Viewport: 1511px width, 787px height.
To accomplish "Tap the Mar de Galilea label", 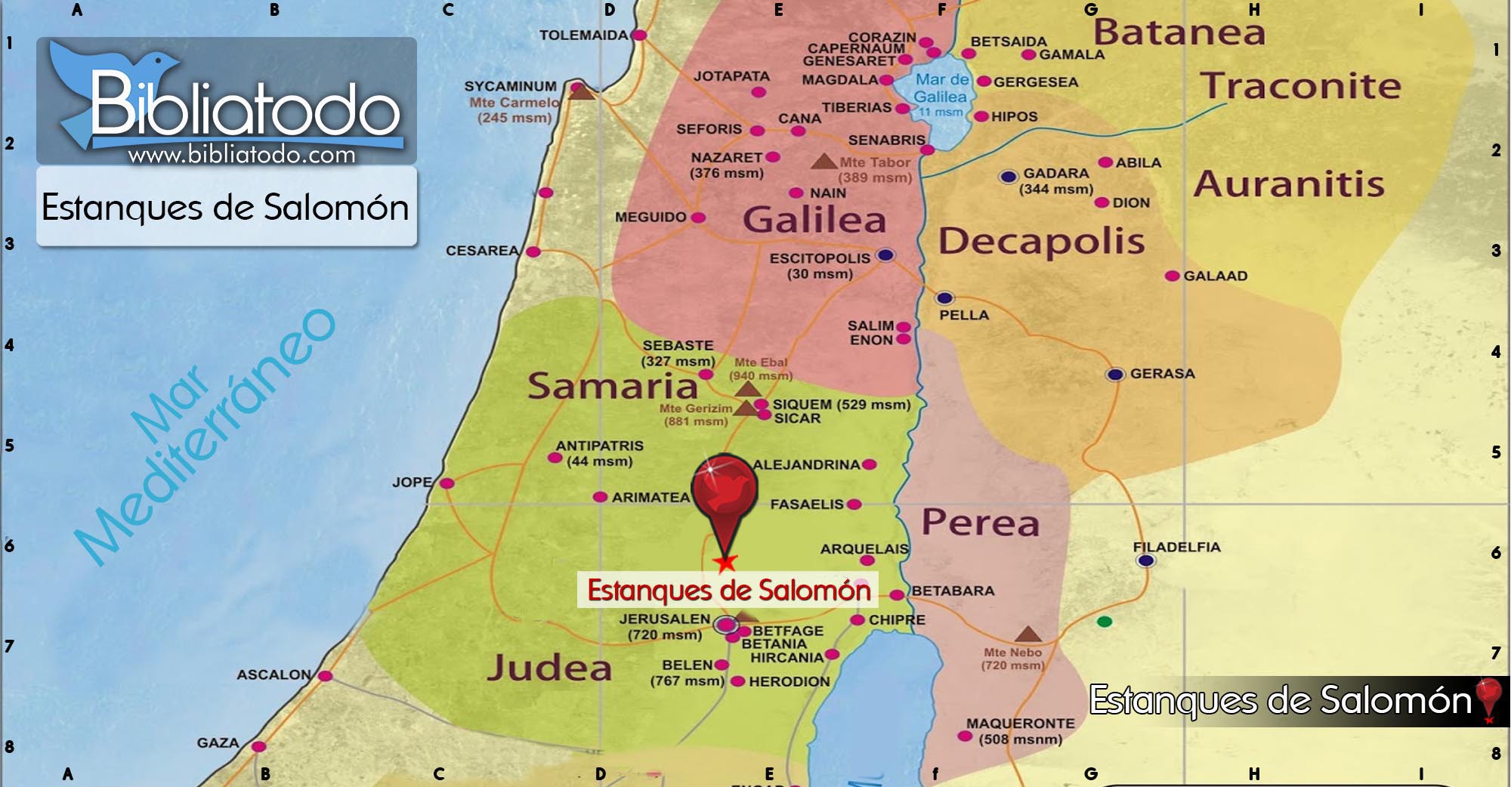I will pos(941,88).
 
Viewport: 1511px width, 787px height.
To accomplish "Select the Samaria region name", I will pos(612,386).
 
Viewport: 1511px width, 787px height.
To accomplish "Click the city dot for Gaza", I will pos(258,746).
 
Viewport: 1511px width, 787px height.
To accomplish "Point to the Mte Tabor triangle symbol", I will pos(823,162).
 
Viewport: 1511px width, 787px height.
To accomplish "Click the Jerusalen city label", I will pos(664,619).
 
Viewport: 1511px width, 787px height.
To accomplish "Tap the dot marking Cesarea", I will pos(533,252).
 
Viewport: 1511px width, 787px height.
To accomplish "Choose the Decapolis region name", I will pos(1041,242).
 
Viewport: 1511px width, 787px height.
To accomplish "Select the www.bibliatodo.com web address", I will pos(242,155).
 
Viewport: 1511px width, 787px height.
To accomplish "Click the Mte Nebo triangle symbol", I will pos(1027,634).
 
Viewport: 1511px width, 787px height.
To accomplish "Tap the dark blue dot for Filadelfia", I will pos(1145,560).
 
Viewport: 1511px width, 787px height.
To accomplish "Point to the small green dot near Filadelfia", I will pos(1105,622).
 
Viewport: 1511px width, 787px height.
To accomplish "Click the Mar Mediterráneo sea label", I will pos(204,438).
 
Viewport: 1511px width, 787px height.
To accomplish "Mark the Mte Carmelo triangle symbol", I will pos(580,92).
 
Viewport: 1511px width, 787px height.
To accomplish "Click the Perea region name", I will pos(981,523).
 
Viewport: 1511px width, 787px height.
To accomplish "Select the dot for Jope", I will pos(447,483).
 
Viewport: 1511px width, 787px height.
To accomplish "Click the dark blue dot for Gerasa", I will pos(1115,375).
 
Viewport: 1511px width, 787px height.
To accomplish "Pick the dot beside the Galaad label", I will pos(1172,276).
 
